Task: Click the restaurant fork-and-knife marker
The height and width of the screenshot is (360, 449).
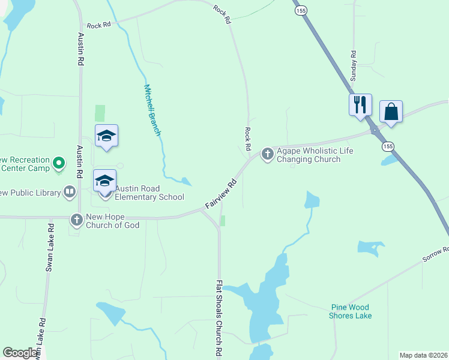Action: coord(360,104)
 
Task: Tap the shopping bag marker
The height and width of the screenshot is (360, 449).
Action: coord(391,112)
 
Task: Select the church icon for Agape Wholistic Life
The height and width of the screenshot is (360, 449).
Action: coord(267,155)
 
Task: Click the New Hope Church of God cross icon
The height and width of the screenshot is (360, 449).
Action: coord(76,220)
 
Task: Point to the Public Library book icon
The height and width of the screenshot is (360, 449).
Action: coord(70,193)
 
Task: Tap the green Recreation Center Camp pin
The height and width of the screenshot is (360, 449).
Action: coord(59,163)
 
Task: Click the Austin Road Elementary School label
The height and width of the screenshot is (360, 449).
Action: coord(149,193)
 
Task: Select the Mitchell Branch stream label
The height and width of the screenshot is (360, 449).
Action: coord(152,109)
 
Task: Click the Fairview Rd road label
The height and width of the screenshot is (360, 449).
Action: coord(221,194)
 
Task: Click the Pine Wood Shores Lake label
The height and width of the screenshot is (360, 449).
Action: coord(351,311)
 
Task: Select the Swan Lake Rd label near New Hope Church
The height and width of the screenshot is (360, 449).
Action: coord(50,248)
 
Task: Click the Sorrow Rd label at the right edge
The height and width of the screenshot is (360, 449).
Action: coord(435,254)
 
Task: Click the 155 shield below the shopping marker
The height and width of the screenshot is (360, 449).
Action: coord(388,146)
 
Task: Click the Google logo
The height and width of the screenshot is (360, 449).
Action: coord(20,352)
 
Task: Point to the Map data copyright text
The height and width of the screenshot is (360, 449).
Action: coord(423,355)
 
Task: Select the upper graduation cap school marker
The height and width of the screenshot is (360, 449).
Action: coord(106,136)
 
